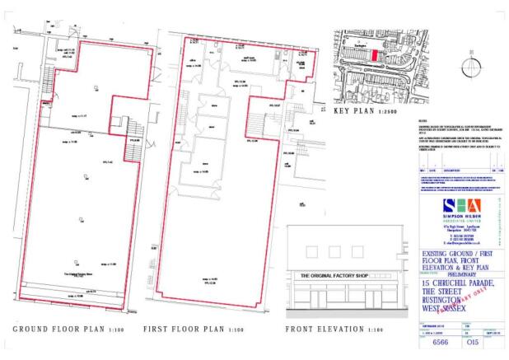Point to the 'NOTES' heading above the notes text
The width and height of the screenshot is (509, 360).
[x=423, y=121]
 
